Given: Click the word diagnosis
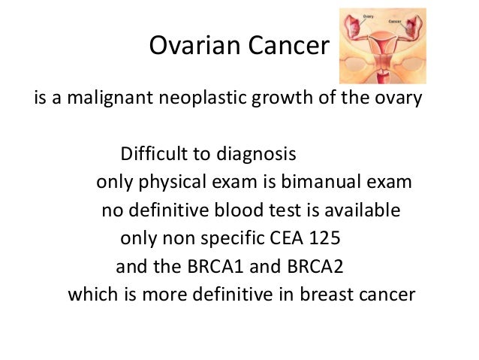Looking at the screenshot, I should tap(251, 155).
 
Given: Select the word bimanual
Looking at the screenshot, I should tap(332, 183).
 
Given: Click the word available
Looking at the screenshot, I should tap(366, 210).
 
